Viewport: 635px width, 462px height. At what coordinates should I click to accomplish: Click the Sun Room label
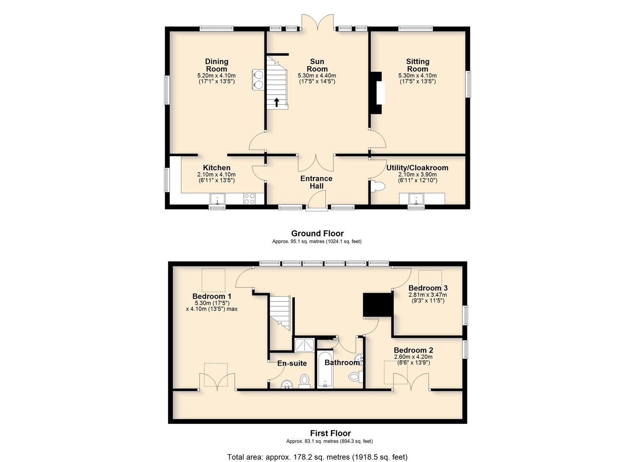(x=317, y=65)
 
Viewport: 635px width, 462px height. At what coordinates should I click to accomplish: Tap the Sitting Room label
(x=418, y=65)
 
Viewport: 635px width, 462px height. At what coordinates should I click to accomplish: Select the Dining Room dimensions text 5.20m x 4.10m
(x=216, y=76)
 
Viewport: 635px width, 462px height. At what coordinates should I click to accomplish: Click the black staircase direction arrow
(x=277, y=102)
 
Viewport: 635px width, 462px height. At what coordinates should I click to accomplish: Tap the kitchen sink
(x=217, y=198)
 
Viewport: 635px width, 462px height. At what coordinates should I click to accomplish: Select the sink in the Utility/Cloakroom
(x=416, y=198)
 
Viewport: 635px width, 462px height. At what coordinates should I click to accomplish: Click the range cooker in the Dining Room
(x=60, y=80)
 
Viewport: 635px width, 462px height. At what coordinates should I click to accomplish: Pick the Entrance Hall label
(x=316, y=182)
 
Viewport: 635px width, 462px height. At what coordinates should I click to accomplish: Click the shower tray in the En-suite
(x=304, y=345)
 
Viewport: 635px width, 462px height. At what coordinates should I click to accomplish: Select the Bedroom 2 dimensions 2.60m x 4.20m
(x=413, y=357)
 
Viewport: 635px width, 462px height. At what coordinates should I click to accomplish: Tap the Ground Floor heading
(x=317, y=234)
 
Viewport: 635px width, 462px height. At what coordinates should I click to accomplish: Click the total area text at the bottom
(x=317, y=449)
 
